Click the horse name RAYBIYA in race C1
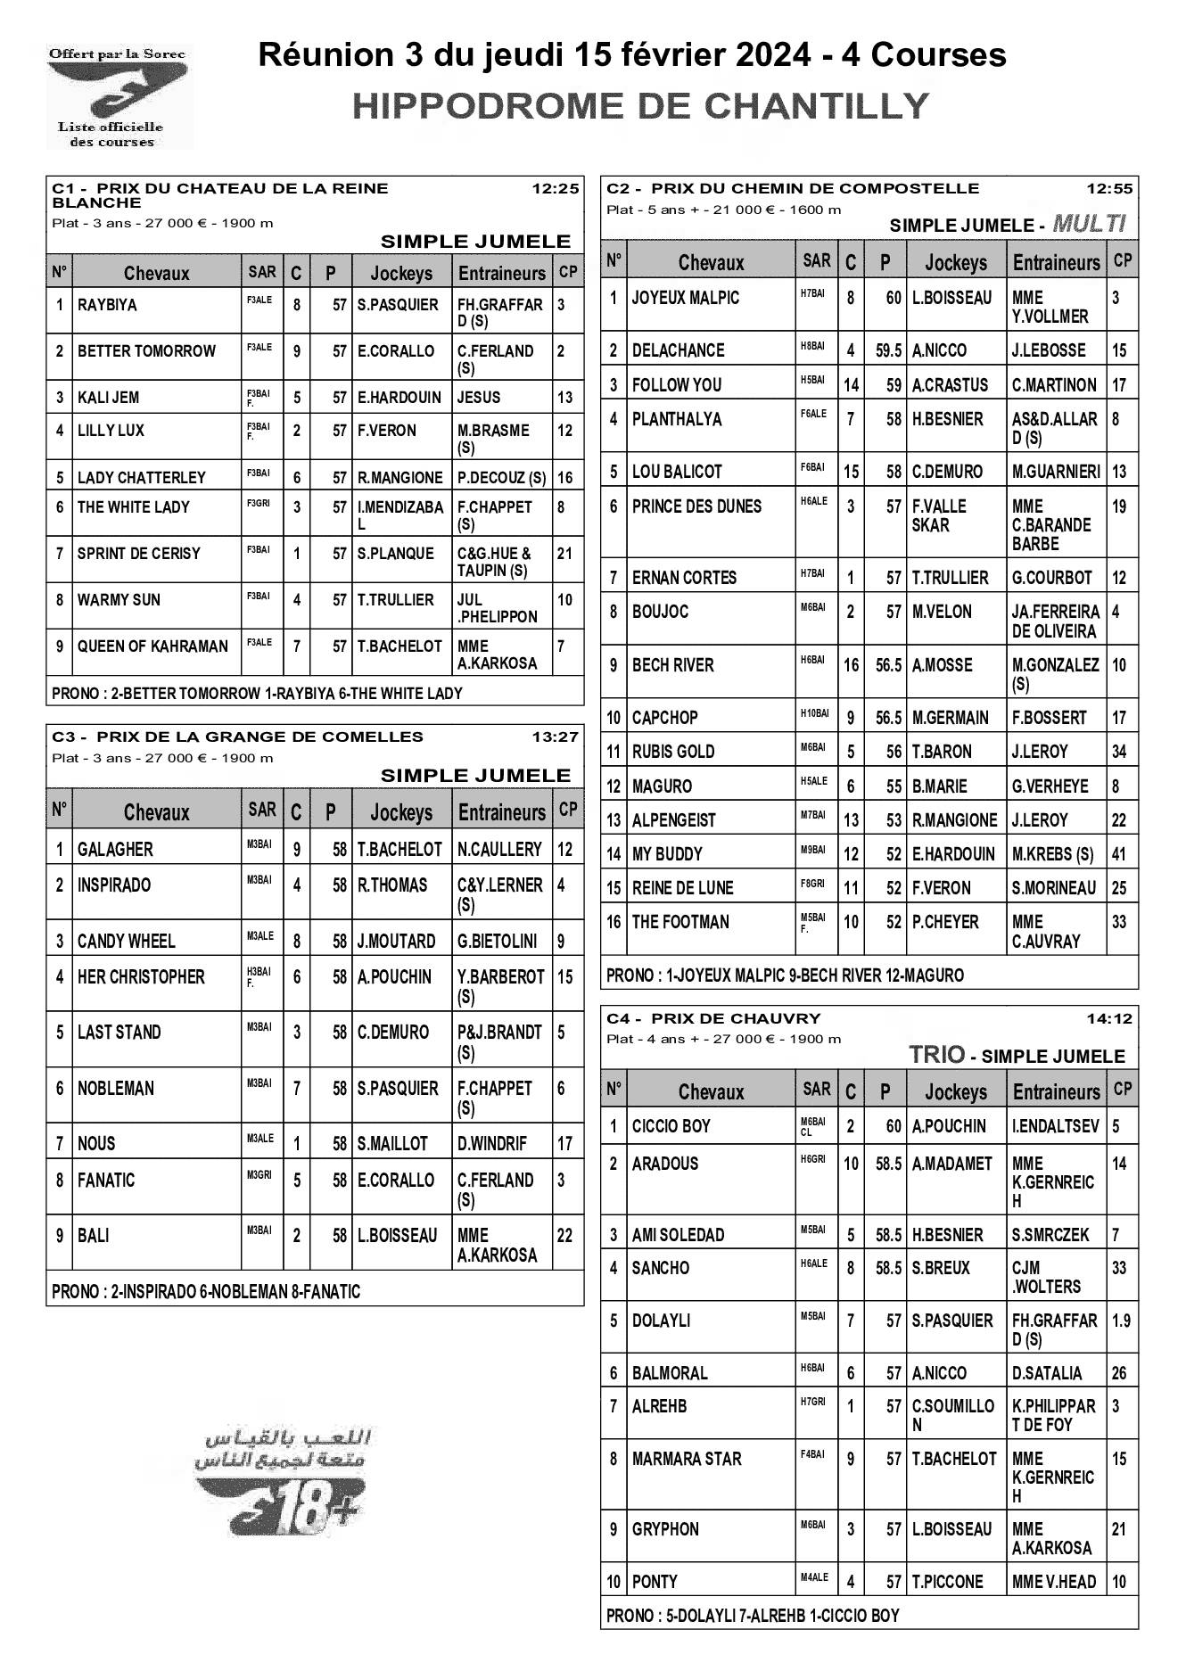point(107,305)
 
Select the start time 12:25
point(555,189)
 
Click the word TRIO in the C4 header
point(936,1055)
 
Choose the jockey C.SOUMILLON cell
point(952,1414)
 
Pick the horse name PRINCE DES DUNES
point(696,506)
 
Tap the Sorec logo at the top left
point(118,96)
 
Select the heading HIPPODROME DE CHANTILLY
point(641,106)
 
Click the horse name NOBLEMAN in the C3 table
point(115,1088)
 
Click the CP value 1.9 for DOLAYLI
point(1121,1321)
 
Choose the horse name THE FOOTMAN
point(680,922)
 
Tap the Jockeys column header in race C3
point(401,812)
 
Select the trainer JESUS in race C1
point(479,398)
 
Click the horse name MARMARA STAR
point(687,1459)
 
